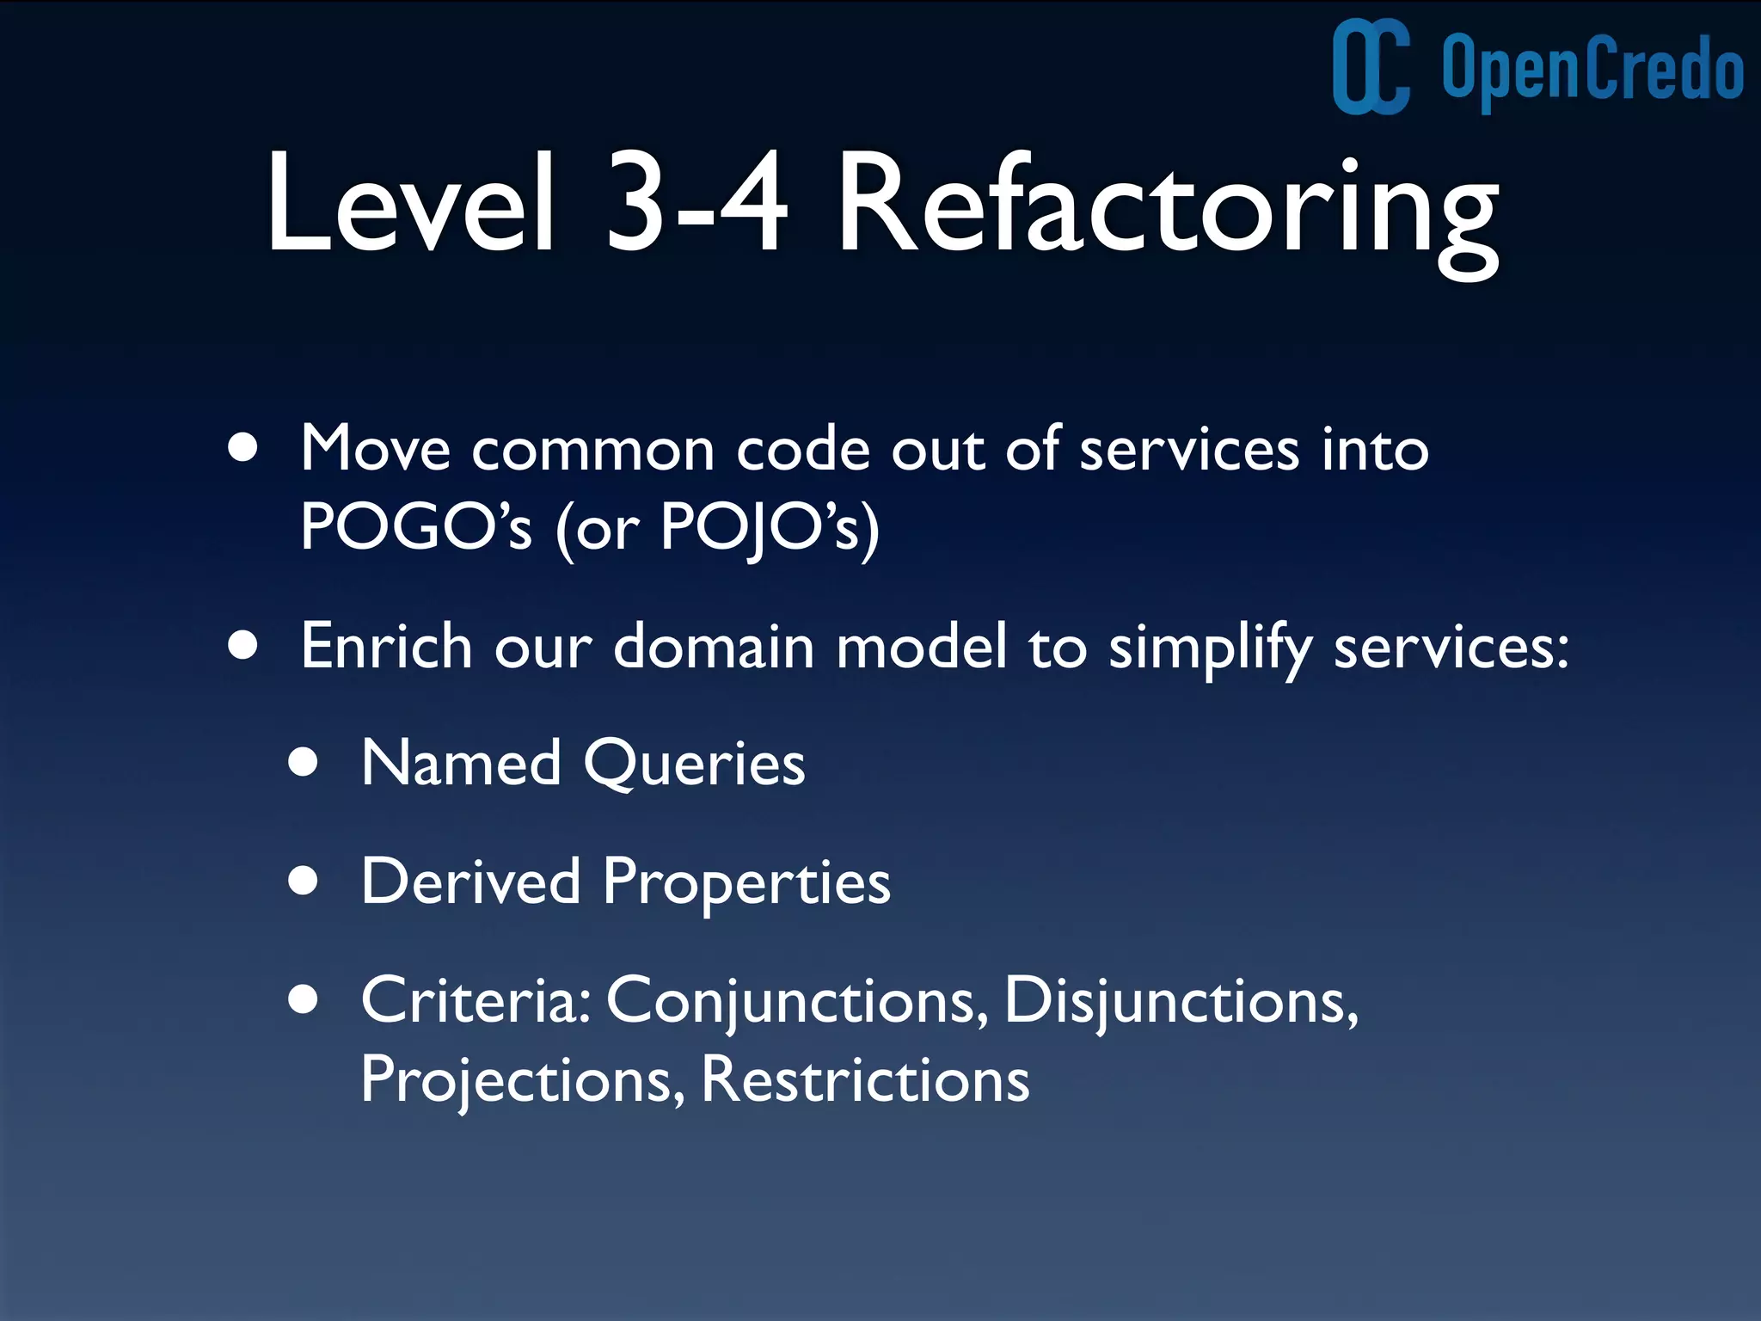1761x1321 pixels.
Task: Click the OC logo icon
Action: [1371, 67]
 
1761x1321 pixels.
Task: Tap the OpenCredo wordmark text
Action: [1592, 69]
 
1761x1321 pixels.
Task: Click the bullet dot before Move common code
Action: [243, 448]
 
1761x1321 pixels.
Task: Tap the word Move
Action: [376, 448]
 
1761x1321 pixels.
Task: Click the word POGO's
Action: [416, 525]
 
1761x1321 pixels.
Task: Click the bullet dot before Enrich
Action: [243, 645]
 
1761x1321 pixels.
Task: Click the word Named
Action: [461, 763]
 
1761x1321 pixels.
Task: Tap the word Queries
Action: [695, 765]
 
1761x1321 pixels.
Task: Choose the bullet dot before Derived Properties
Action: [304, 881]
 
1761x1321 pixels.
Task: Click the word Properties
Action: [746, 882]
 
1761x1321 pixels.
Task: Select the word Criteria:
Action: [476, 1000]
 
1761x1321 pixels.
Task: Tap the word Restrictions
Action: [865, 1079]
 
